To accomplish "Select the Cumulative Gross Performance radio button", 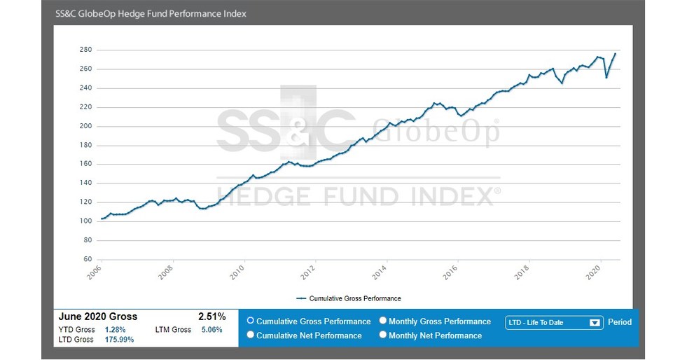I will coord(251,321).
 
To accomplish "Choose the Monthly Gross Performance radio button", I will coord(383,321).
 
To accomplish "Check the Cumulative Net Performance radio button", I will coord(251,335).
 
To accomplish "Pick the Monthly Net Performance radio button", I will coord(383,335).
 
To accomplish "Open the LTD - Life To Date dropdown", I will coord(553,323).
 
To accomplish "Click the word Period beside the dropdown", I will coord(620,322).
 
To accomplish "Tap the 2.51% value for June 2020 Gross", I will coord(211,317).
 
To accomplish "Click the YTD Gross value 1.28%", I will coord(115,329).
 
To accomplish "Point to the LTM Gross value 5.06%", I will coord(211,329).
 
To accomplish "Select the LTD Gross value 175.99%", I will coord(119,340).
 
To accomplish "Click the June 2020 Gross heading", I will coord(98,317).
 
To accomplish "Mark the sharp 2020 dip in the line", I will coord(606,77).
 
